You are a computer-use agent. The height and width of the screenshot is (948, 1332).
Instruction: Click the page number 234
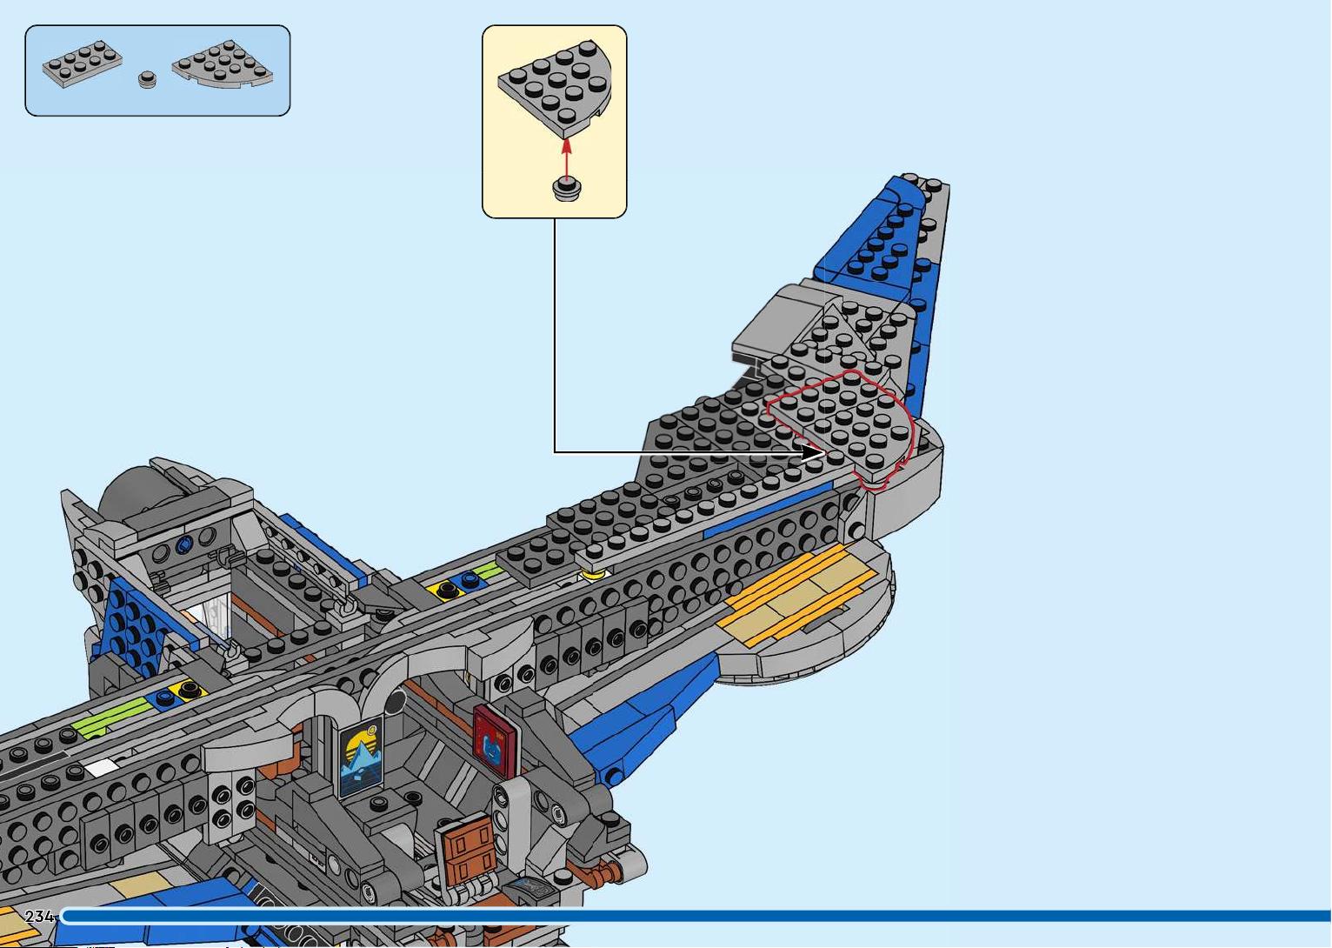click(39, 917)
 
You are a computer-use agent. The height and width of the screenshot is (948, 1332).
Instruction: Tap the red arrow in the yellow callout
click(567, 158)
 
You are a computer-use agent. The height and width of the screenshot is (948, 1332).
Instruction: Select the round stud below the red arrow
click(567, 190)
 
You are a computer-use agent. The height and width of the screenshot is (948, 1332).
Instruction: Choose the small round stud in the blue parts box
click(147, 80)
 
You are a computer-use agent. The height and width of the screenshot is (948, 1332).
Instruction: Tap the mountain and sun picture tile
click(361, 757)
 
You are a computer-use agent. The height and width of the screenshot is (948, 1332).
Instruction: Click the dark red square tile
click(495, 740)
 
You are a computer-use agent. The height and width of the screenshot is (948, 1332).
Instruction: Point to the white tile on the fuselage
click(101, 767)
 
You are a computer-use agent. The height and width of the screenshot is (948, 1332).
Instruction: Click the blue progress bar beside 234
click(696, 917)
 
